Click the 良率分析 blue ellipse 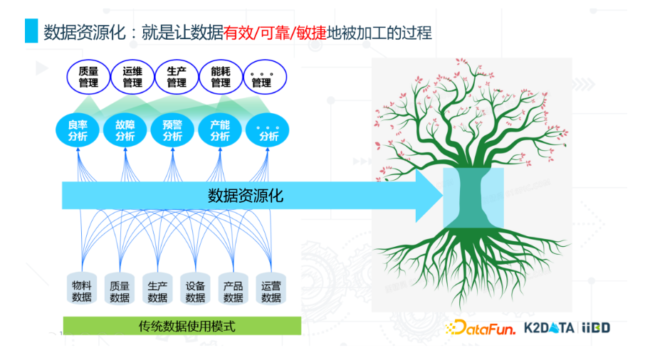[78, 130]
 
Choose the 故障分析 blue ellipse [125, 130]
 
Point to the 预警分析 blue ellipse [172, 130]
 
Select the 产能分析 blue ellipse [220, 130]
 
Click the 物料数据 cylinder [81, 288]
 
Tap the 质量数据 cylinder [120, 288]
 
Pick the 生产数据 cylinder [157, 288]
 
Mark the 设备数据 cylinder [195, 288]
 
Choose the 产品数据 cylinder [234, 288]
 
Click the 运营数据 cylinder [271, 288]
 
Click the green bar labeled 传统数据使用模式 [182, 326]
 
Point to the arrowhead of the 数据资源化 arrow [443, 196]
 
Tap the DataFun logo [480, 327]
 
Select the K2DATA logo [549, 327]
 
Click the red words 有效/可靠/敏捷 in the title [276, 33]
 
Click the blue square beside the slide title [31, 31]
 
